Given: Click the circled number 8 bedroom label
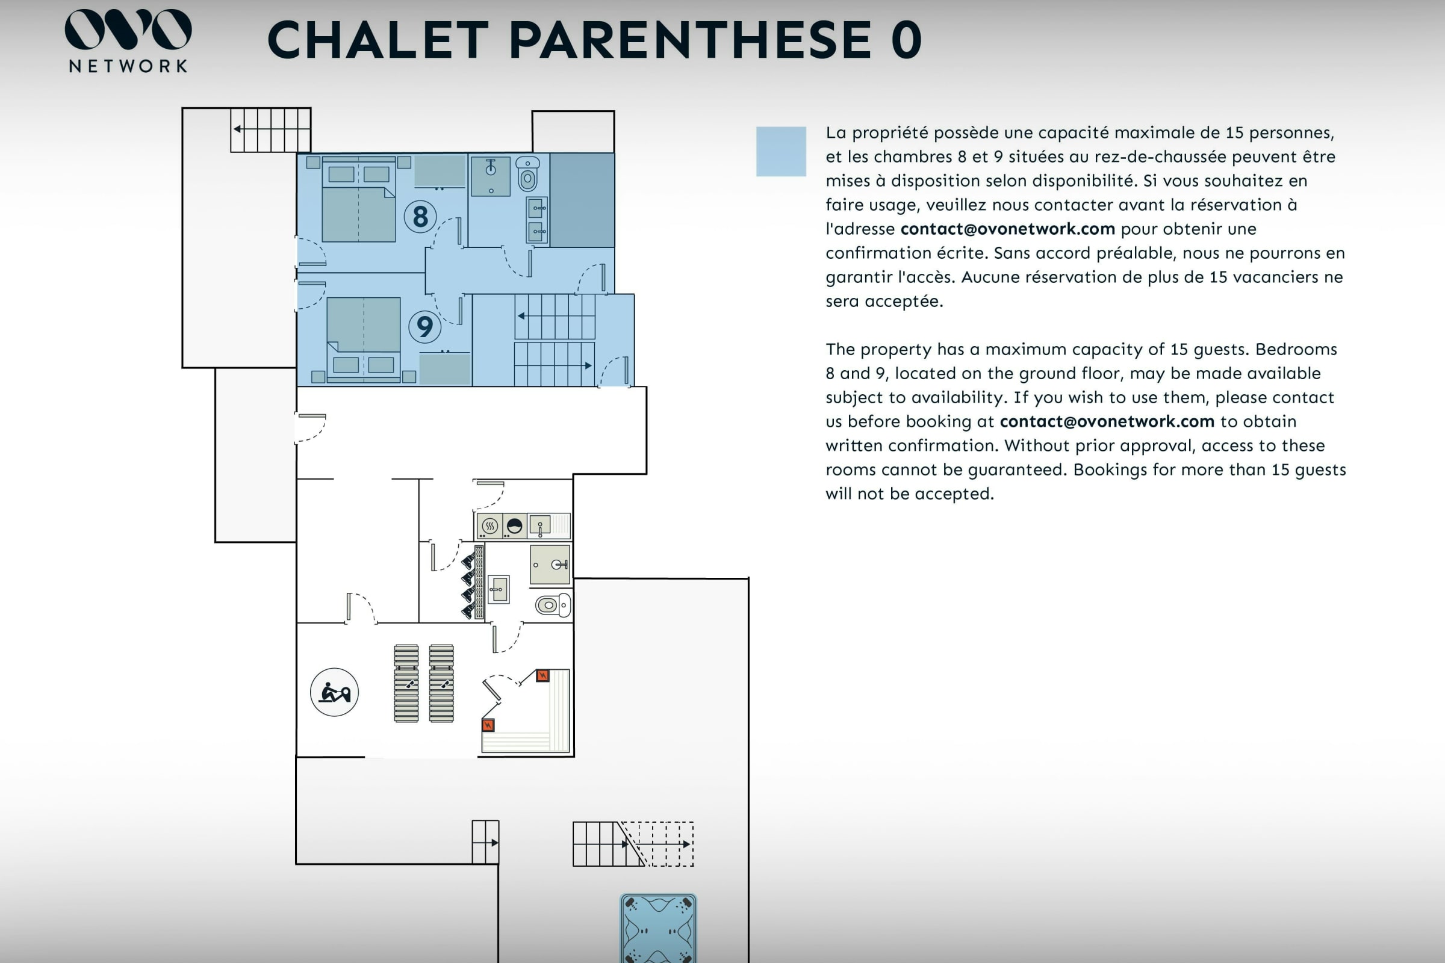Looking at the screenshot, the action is (420, 216).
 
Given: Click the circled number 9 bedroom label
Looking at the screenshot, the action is (424, 326).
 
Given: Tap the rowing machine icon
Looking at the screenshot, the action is (334, 692).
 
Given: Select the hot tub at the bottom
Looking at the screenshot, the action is (658, 928).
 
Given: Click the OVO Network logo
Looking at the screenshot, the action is (128, 40).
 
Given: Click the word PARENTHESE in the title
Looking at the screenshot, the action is (690, 40).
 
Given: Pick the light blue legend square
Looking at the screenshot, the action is (781, 152).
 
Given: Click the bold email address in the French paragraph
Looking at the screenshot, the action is (1007, 229).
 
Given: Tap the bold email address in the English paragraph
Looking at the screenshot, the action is (1107, 421).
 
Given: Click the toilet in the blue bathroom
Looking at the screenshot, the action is (527, 173).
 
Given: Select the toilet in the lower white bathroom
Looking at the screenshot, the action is (553, 605).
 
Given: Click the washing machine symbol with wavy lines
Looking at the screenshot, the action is (489, 526).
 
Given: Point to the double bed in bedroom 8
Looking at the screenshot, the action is (359, 200).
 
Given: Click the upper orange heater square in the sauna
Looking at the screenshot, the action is (542, 675).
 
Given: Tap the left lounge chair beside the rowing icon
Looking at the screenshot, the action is (406, 683).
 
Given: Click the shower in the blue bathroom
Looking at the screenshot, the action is (491, 176).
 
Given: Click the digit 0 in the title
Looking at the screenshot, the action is (906, 40).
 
